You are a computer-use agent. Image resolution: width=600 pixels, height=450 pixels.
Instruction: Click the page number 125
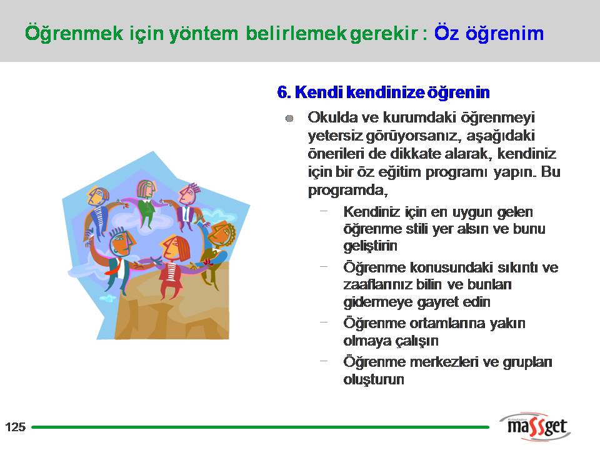point(15,427)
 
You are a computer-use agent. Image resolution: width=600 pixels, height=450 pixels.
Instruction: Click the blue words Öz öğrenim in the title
point(489,33)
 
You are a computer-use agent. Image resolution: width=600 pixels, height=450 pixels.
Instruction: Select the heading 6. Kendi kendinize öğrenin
point(383,92)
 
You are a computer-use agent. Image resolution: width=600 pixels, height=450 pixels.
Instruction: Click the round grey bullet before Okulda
point(289,119)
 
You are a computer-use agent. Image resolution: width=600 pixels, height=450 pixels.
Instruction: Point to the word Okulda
point(332,117)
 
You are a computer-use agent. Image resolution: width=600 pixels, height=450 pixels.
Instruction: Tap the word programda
point(347,190)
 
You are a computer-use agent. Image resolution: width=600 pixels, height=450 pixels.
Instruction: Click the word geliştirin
point(370,246)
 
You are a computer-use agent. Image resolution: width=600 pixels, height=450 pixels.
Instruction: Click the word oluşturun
point(374,379)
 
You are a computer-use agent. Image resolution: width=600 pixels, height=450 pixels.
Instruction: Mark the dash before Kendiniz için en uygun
point(324,211)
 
